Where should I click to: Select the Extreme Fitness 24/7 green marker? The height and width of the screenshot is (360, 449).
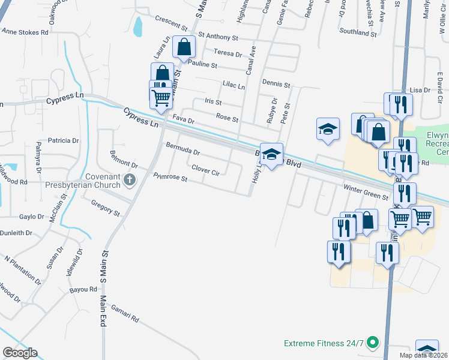(372, 343)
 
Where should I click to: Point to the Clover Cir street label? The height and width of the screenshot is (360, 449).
(206, 170)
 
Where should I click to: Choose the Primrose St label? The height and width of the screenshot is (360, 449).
(170, 178)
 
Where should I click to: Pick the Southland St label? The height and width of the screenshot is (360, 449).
(357, 32)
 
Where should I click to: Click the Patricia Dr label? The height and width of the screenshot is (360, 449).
(64, 140)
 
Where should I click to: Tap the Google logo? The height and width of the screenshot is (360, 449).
(20, 353)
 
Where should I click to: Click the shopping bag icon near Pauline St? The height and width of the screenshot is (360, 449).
(184, 46)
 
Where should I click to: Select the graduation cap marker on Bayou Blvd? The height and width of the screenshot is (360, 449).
(271, 155)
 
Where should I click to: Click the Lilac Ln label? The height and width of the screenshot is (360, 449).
(234, 86)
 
